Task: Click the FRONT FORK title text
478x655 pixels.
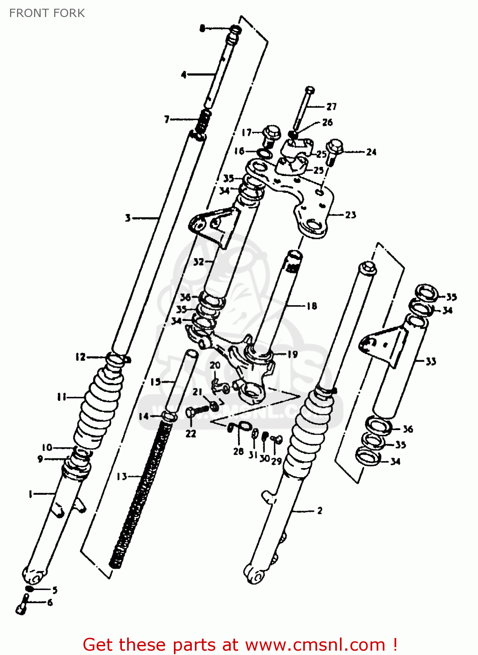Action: (x=47, y=13)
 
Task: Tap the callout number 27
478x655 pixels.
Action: (x=332, y=107)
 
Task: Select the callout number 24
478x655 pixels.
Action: (x=371, y=152)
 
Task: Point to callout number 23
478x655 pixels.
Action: (x=350, y=215)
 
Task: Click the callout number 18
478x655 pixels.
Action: (x=312, y=306)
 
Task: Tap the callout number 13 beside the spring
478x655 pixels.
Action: (x=122, y=476)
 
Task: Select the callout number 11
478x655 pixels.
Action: (x=62, y=397)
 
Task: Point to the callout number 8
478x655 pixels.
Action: (x=202, y=28)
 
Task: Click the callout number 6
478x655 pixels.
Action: (x=50, y=603)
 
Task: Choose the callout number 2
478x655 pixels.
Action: (x=320, y=510)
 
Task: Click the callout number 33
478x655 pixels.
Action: (x=431, y=361)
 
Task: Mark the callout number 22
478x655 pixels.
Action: (x=191, y=434)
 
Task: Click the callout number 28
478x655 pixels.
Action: (x=238, y=452)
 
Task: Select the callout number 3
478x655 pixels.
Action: (x=128, y=217)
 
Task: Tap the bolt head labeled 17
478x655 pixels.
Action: (x=271, y=132)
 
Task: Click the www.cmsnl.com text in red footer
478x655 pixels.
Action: (x=315, y=645)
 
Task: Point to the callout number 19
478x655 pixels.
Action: (x=292, y=354)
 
